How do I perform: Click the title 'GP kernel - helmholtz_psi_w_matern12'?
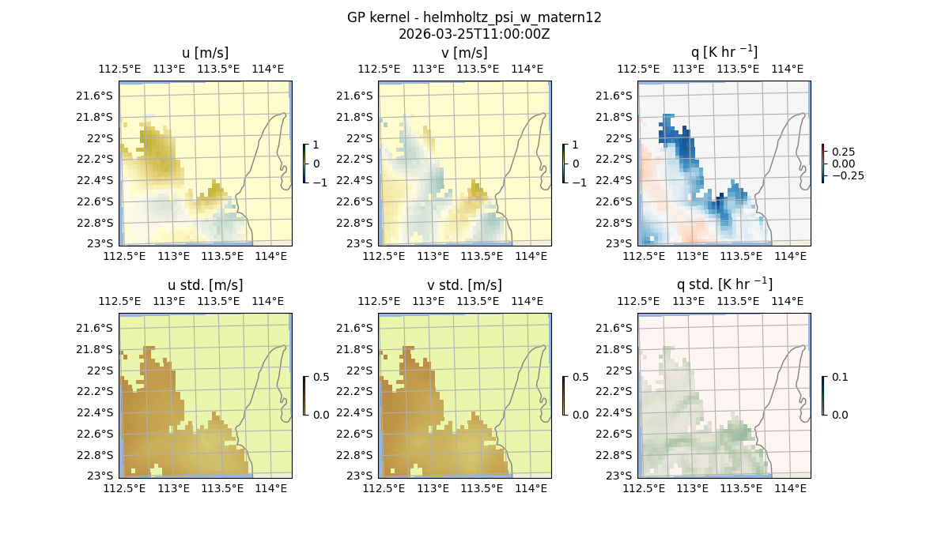[474, 17]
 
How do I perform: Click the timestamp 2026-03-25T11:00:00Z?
[474, 34]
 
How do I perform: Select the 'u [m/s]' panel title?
[205, 53]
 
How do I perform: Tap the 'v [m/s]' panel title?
[464, 53]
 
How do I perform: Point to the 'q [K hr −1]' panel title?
[724, 52]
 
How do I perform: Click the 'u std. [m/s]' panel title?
[205, 285]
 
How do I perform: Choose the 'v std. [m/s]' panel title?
[464, 285]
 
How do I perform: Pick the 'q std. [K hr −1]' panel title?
[724, 284]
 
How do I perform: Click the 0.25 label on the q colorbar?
[844, 152]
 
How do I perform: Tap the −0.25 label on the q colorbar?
[847, 175]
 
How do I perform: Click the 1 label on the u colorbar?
[317, 145]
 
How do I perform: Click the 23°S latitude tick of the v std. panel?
[361, 476]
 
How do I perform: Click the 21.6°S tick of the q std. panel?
[618, 328]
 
